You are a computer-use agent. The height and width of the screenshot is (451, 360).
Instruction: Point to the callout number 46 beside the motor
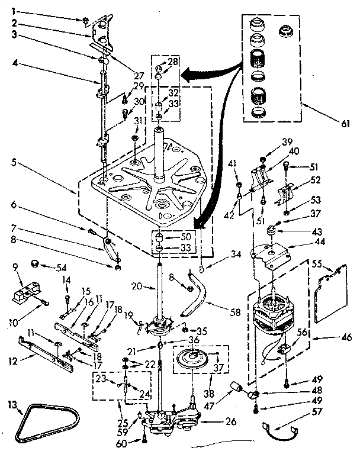[x=346, y=340]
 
